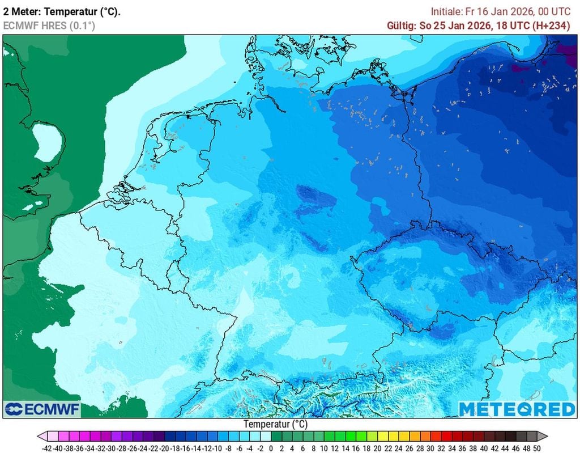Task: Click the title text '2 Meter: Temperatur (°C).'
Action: point(62,11)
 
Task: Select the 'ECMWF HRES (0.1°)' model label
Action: point(49,26)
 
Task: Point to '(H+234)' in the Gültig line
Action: point(551,26)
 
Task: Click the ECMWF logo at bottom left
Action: point(42,409)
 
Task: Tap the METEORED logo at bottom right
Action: point(517,409)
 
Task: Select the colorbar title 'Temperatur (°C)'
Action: point(276,424)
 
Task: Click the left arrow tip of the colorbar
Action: point(40,436)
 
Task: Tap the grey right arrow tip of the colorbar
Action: point(545,436)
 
